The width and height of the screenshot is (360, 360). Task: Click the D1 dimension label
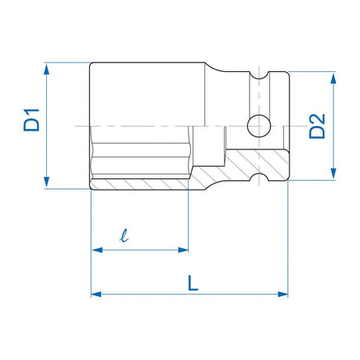point(31,120)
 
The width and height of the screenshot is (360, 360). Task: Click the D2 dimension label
point(317,126)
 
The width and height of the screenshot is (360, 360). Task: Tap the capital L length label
point(193,283)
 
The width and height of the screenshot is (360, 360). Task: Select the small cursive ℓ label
point(124,235)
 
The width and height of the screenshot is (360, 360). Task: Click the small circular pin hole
point(259,126)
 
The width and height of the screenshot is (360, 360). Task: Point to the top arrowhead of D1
point(46,70)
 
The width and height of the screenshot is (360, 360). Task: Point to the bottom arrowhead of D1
point(46,182)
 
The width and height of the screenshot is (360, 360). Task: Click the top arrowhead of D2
point(333,78)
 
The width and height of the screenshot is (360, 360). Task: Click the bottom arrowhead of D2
point(333,173)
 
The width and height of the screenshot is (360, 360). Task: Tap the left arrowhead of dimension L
point(96,294)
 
